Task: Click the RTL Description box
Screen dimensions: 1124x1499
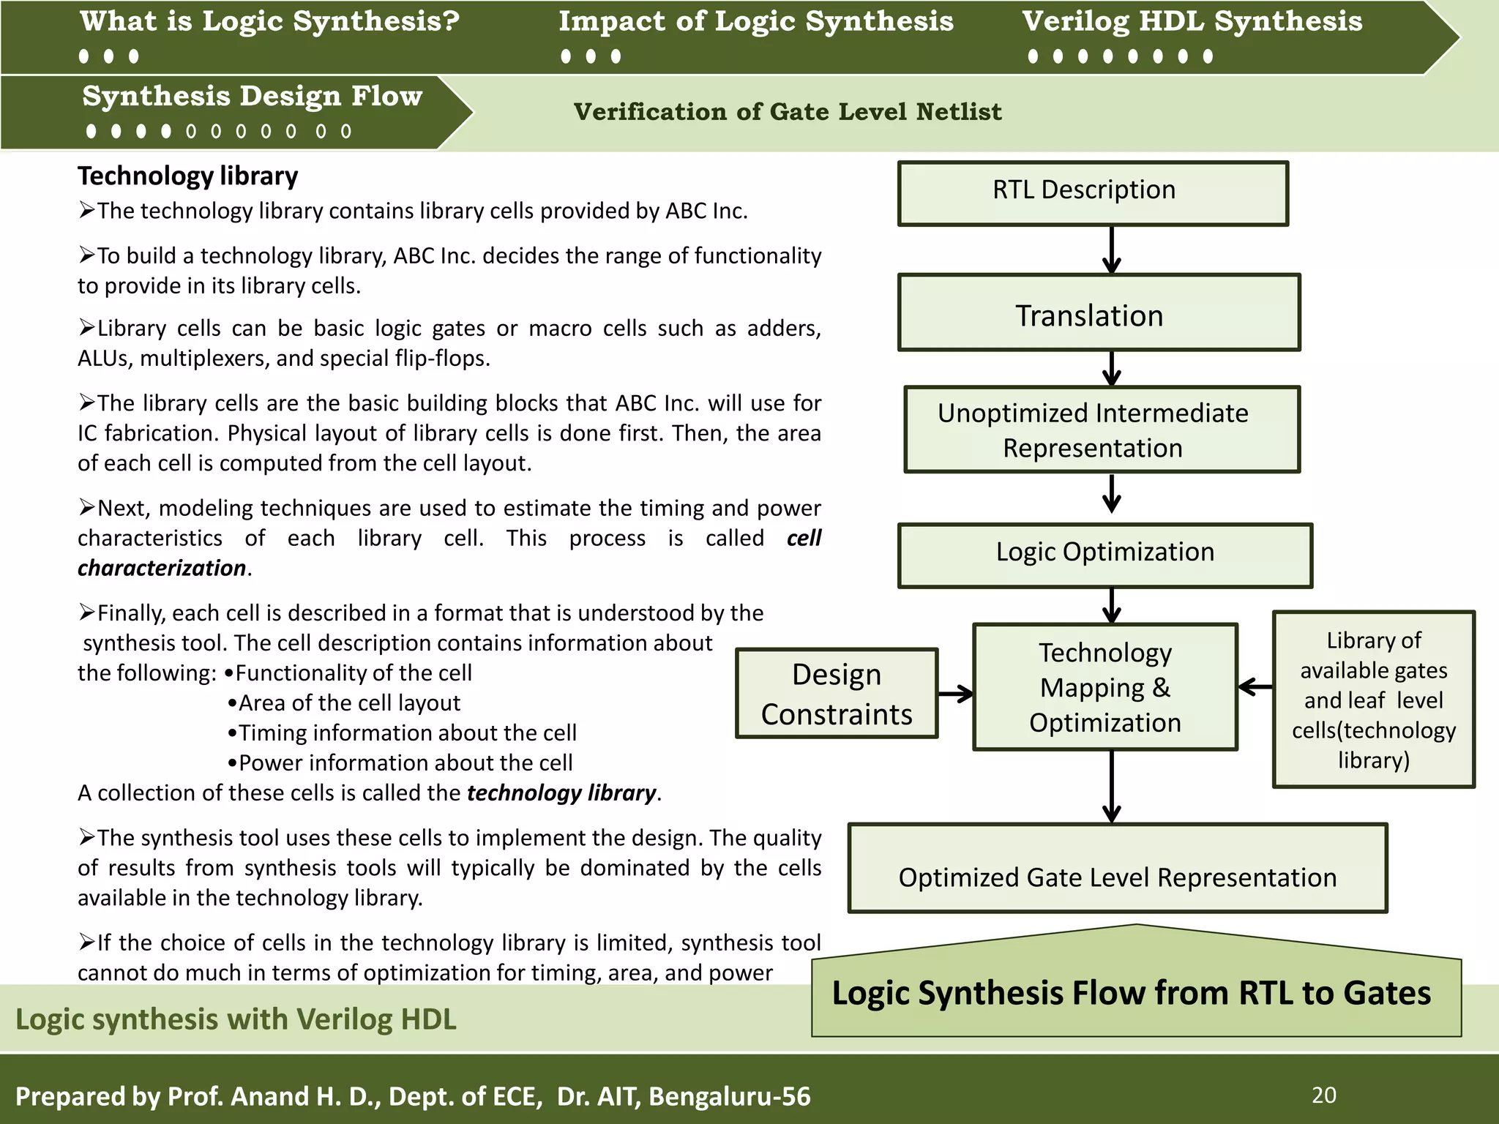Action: pyautogui.click(x=1093, y=193)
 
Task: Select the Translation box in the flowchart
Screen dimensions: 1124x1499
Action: pyautogui.click(x=1099, y=313)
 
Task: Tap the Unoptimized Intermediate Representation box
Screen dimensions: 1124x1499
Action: pyautogui.click(x=1102, y=430)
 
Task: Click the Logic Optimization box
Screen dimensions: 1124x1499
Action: pyautogui.click(x=1104, y=555)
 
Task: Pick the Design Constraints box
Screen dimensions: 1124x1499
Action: pyautogui.click(x=837, y=693)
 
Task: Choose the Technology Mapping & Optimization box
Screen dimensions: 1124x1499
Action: pyautogui.click(x=1104, y=687)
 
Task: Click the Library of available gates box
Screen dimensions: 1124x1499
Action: pyautogui.click(x=1373, y=700)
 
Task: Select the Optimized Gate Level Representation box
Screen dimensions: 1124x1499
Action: pyautogui.click(x=1117, y=869)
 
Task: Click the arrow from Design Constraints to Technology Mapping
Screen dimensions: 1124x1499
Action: pyautogui.click(x=955, y=693)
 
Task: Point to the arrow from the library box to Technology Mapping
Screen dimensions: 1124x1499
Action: pyautogui.click(x=1255, y=686)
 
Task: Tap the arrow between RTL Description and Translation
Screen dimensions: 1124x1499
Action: pyautogui.click(x=1112, y=250)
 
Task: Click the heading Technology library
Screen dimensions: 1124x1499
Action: pyautogui.click(x=188, y=176)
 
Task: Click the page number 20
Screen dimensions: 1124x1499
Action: pyautogui.click(x=1323, y=1095)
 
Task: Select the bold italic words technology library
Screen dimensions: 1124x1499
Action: pyautogui.click(x=561, y=793)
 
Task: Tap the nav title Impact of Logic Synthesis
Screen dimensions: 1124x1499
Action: pyautogui.click(x=756, y=22)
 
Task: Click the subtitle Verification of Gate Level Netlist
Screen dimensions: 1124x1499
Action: pyautogui.click(x=787, y=112)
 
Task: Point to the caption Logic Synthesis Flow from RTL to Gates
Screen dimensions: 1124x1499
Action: pyautogui.click(x=1131, y=993)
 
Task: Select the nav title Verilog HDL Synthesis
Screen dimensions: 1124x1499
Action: pyautogui.click(x=1192, y=22)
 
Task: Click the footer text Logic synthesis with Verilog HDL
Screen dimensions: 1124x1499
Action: pyautogui.click(x=236, y=1019)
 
